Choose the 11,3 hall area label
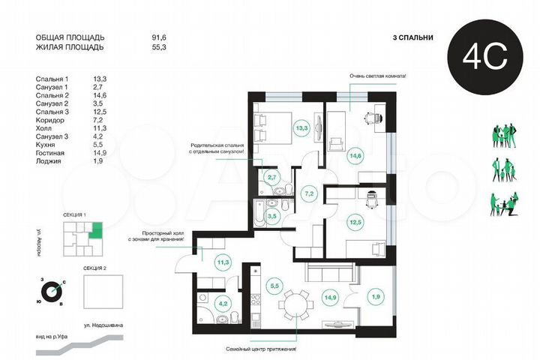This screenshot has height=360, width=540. click(x=223, y=262)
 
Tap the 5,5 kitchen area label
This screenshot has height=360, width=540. click(x=274, y=285)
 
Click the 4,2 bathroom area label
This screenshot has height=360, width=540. click(x=223, y=304)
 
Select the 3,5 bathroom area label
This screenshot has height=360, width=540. click(x=274, y=215)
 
